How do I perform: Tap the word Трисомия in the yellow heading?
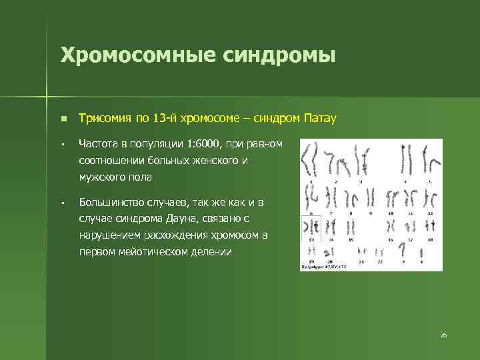[x=106, y=119]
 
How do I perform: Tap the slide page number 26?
[x=443, y=335]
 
